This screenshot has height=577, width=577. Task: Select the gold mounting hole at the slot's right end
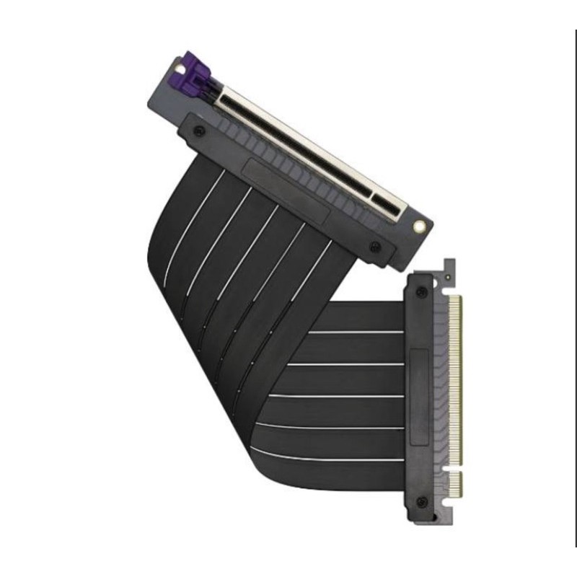tap(418, 226)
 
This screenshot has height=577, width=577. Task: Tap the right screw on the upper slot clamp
tap(374, 247)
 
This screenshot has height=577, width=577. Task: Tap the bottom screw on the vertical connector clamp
tap(423, 501)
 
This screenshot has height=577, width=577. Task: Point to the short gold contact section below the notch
tap(454, 485)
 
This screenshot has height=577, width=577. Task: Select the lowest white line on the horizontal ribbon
tap(325, 458)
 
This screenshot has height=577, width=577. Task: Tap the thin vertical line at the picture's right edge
tap(576, 288)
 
